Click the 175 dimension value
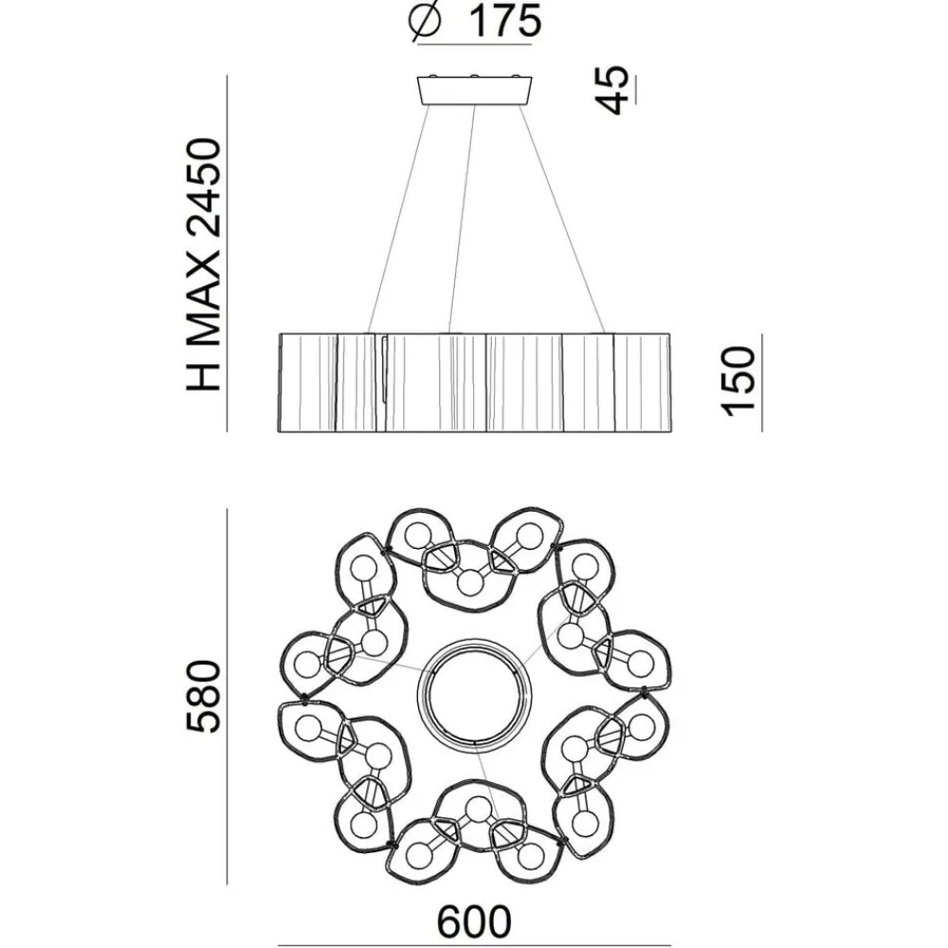tap(505, 21)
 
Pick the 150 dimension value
tap(738, 381)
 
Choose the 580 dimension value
tap(203, 697)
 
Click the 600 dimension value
tap(474, 922)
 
